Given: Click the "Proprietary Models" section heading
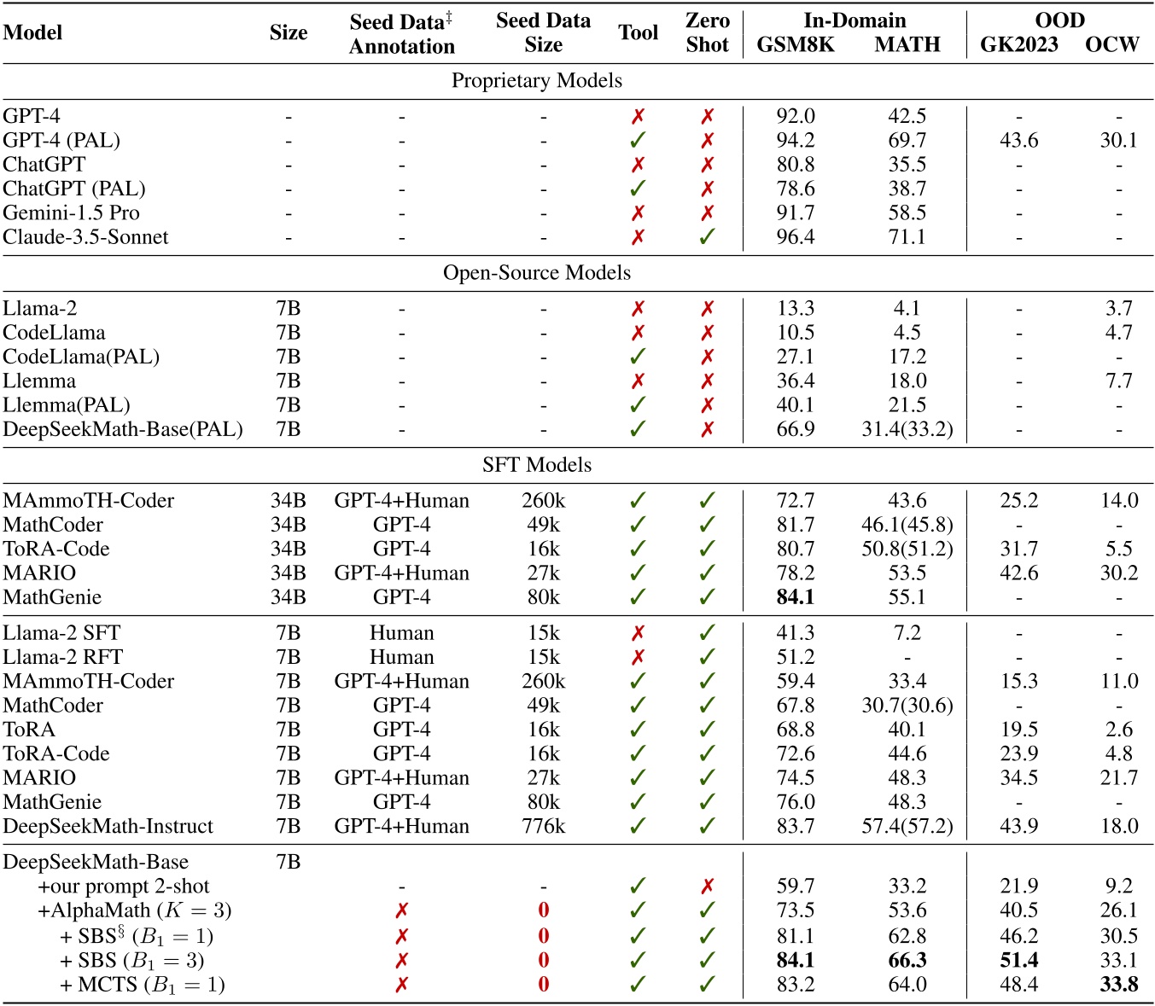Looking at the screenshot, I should point(536,81).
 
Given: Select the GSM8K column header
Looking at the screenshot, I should point(795,44).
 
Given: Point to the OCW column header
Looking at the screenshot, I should point(1111,44).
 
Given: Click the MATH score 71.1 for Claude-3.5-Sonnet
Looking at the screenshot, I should point(907,237).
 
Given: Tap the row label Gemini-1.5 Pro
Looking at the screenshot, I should point(71,213).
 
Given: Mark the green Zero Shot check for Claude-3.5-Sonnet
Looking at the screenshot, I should point(707,237).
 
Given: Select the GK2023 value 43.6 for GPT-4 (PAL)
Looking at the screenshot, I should point(1018,141).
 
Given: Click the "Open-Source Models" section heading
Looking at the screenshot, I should point(536,273).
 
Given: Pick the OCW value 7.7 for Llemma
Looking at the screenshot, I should point(1118,381).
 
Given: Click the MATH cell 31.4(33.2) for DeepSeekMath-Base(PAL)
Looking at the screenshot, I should point(907,429).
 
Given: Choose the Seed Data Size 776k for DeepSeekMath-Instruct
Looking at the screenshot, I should point(543,826).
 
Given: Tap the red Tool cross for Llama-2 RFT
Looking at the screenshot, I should point(638,657).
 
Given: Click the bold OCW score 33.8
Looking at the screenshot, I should point(1118,985).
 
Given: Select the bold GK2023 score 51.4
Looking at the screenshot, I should point(1018,961).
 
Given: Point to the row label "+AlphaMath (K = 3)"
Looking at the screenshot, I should point(134,910).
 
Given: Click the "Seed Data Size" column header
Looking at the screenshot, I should point(543,32).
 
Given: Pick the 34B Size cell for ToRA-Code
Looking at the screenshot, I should point(288,549).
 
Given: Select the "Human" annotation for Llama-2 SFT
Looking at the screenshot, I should point(401,633).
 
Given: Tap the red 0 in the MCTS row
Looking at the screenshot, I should point(543,985).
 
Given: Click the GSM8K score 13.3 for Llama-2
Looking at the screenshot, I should point(795,309).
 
